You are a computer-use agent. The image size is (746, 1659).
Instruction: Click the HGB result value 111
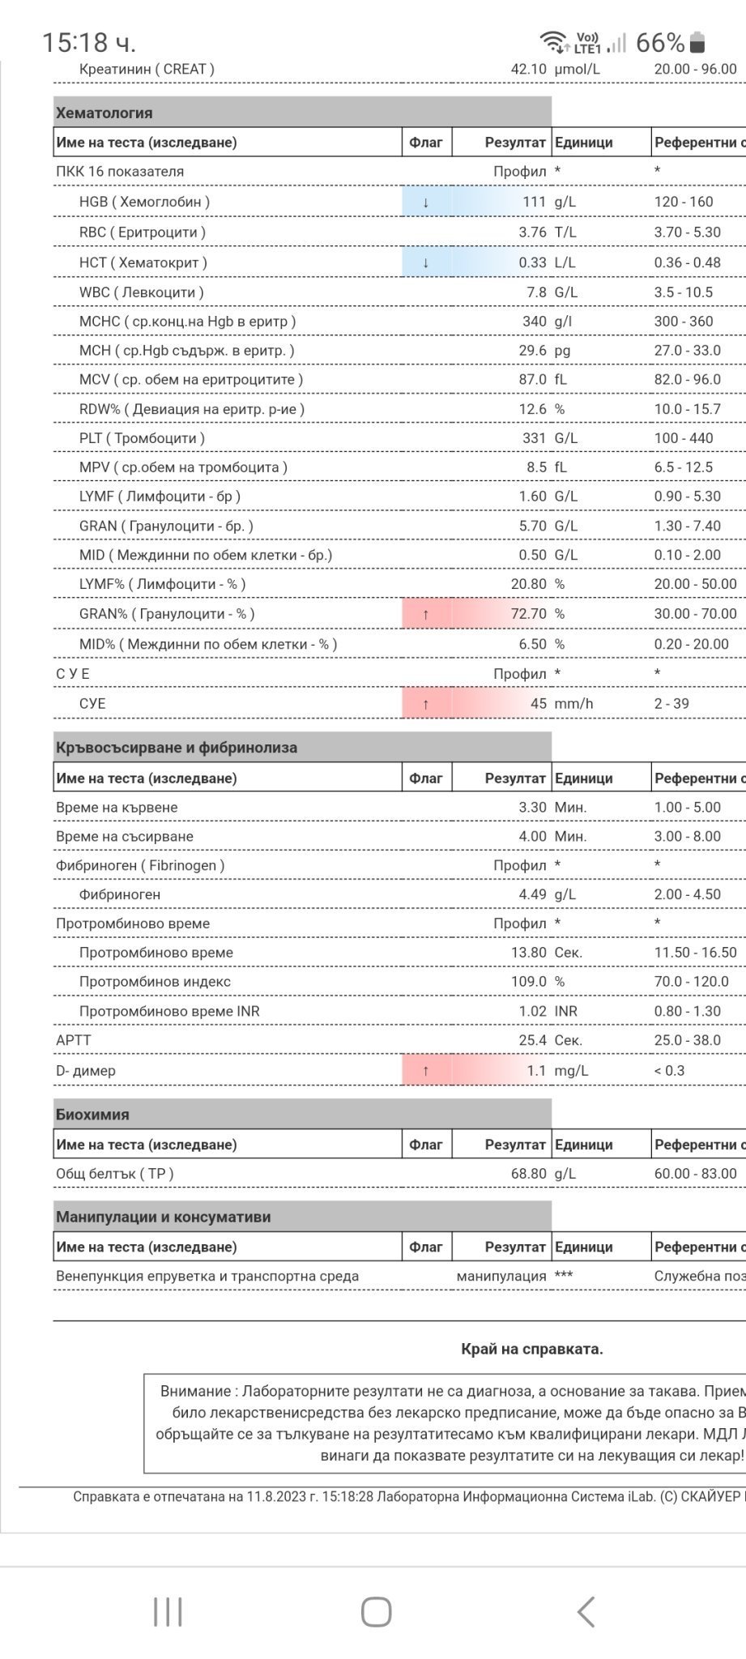point(533,202)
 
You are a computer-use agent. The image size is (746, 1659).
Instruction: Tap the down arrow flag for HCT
point(425,262)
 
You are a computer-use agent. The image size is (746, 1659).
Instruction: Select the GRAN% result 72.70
point(528,614)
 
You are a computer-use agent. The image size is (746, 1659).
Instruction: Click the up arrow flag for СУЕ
point(425,704)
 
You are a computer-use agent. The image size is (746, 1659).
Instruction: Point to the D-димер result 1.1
point(536,1071)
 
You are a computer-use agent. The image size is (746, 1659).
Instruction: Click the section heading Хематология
point(104,113)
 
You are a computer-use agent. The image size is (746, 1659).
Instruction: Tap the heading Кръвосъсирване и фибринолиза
point(177,748)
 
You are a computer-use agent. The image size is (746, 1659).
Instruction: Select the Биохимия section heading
point(92,1115)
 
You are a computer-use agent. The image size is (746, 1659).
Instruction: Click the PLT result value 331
point(533,438)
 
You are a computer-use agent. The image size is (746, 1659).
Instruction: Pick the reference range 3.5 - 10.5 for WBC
point(683,292)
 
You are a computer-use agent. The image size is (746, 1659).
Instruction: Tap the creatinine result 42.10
point(528,69)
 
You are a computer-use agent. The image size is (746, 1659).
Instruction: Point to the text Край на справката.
point(531,1349)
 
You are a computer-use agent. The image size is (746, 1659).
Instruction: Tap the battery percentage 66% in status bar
point(659,42)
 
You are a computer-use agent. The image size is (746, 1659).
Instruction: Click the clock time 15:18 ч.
point(88,42)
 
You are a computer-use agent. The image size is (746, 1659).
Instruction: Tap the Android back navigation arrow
point(586,1612)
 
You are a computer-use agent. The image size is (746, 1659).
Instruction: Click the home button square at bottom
point(376,1612)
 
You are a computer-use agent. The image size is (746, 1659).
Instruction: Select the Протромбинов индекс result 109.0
point(528,982)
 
